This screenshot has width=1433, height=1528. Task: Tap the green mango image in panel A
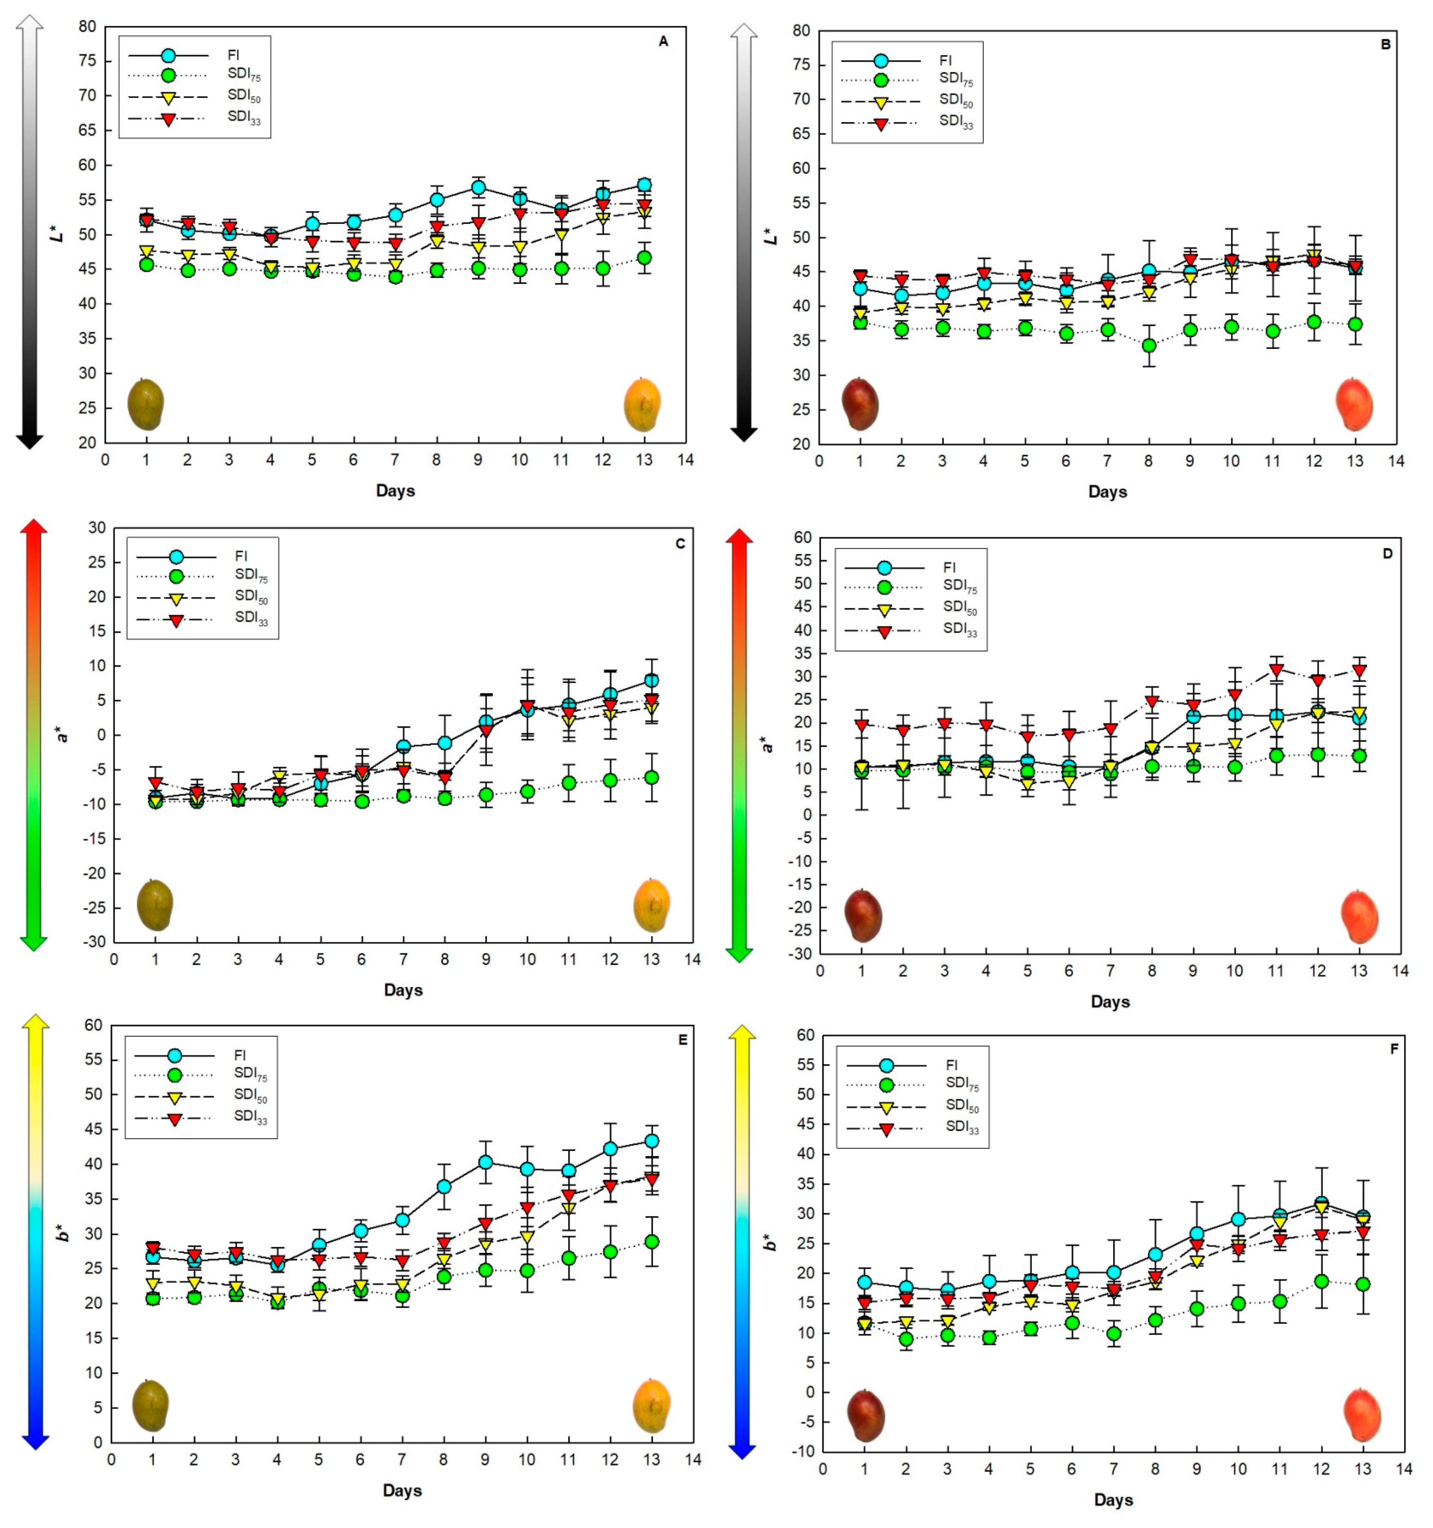[145, 404]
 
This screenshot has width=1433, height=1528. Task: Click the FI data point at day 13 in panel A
[644, 185]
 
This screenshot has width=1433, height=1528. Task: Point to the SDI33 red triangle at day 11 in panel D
[1276, 669]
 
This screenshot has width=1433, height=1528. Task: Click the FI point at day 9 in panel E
[485, 1162]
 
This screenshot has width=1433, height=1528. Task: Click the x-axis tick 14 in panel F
[1404, 1469]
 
